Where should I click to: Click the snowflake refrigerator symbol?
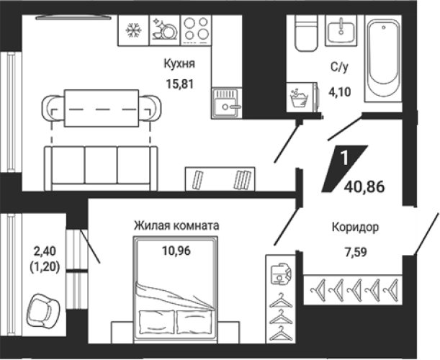(x=133, y=30)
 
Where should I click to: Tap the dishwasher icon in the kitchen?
(x=164, y=29)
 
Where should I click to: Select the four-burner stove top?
(x=196, y=30)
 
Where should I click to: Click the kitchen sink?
(x=227, y=103)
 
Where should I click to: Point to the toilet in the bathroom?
(x=306, y=33)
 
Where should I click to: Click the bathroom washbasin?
(x=341, y=30)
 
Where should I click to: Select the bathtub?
(x=383, y=58)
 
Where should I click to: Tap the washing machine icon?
(x=302, y=97)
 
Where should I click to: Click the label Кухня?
(x=179, y=63)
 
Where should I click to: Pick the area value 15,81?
(x=180, y=84)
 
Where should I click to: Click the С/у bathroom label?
(x=339, y=67)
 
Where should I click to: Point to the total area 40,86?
(x=365, y=186)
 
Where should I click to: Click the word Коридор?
(x=355, y=227)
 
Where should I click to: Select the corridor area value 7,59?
(x=356, y=252)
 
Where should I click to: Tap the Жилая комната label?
(x=176, y=225)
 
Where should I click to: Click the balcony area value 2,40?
(x=45, y=251)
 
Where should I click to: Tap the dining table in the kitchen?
(x=102, y=108)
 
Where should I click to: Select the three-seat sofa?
(x=101, y=168)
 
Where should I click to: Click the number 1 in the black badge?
(x=344, y=158)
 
